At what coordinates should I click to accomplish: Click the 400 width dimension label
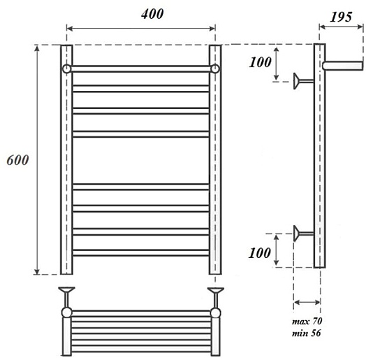coord(152,14)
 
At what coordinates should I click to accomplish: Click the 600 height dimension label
coord(17,160)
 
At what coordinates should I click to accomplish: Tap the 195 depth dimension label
coord(341,17)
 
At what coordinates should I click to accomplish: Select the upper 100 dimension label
coord(260,62)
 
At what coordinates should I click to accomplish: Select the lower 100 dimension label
coord(260,253)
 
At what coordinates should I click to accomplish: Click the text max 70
coord(307,322)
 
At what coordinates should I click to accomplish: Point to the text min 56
coord(306,333)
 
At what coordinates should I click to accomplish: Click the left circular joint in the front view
coord(67,69)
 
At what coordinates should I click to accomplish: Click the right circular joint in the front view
coord(215,69)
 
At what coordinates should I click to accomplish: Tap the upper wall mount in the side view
coord(303,81)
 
